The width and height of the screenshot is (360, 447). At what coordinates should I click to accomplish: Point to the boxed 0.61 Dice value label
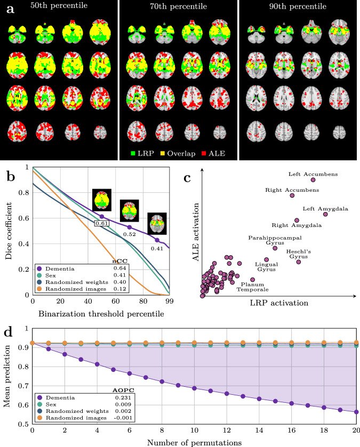[x=102, y=224]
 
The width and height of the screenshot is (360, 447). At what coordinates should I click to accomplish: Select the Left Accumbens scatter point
[x=313, y=180]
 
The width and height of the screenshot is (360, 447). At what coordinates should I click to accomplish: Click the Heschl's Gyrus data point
[x=299, y=262]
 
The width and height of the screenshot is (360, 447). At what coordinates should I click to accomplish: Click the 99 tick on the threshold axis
[x=170, y=302]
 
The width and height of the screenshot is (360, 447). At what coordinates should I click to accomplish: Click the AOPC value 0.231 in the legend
[x=125, y=397]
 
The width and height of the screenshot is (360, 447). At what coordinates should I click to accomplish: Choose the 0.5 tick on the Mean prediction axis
[x=23, y=425]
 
